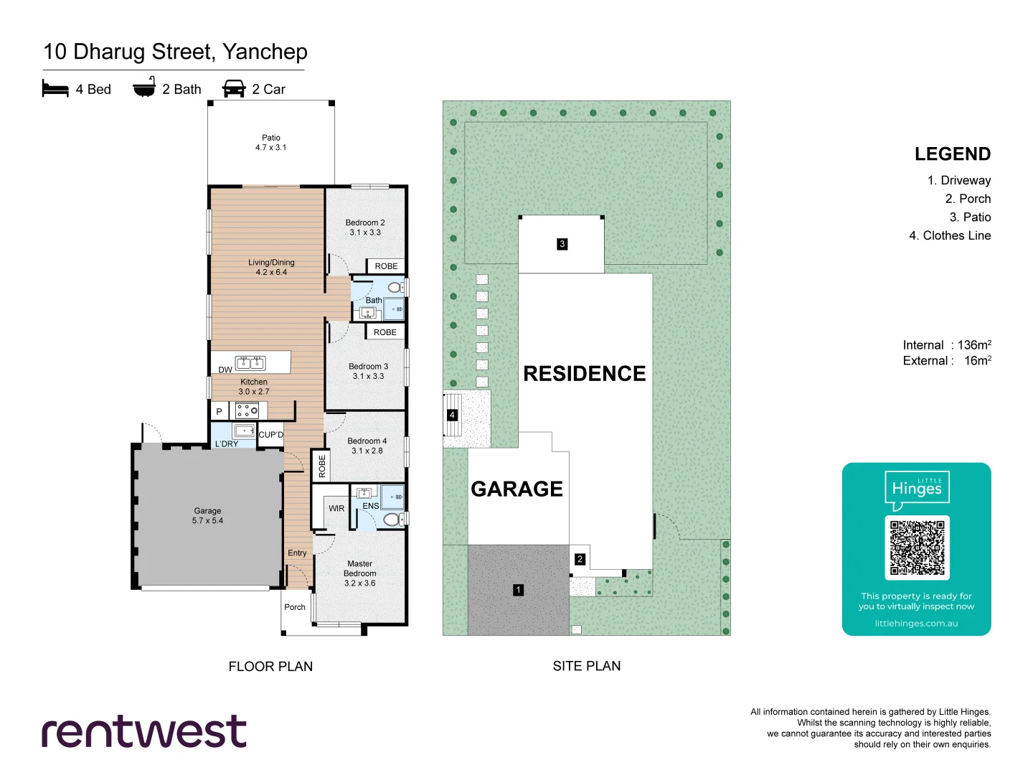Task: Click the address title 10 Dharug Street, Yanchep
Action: tap(175, 52)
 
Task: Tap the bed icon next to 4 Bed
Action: tap(55, 88)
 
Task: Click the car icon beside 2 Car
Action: tap(234, 88)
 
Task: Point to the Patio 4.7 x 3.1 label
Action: tap(270, 142)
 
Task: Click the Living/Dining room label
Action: tap(271, 267)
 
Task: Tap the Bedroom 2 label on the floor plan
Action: tap(365, 227)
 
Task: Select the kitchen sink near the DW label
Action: tap(251, 363)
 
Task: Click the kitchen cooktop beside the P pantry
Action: tap(247, 410)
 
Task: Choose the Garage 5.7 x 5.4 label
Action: tap(207, 515)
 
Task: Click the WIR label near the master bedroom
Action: tap(336, 508)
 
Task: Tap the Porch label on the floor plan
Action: tap(295, 607)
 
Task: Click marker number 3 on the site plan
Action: tap(562, 244)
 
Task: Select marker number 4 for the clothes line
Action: tap(452, 415)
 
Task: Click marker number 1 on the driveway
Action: tap(518, 590)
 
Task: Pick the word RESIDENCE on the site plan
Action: tap(584, 373)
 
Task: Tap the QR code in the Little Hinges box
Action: tap(917, 548)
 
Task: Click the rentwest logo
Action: tap(144, 731)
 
